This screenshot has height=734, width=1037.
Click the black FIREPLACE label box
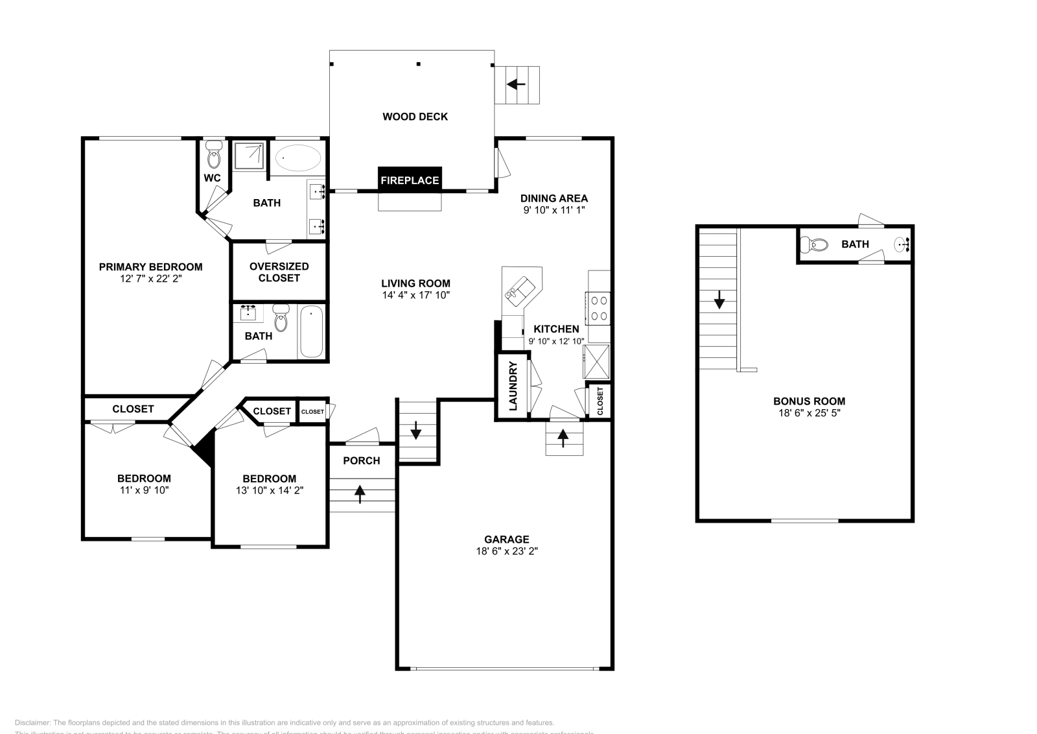pos(410,180)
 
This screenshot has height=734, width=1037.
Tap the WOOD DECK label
pos(415,117)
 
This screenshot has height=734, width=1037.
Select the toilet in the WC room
pos(213,156)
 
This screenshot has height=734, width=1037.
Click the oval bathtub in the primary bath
pos(298,158)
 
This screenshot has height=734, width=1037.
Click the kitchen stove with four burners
pos(599,308)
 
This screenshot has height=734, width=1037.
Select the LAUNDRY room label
pos(513,386)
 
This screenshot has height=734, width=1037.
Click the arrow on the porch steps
pos(360,494)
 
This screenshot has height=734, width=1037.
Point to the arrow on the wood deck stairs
pos(517,84)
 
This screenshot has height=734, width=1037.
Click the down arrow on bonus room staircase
pos(719,300)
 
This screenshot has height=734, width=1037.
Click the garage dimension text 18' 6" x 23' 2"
pos(506,551)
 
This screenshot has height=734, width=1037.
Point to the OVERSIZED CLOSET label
pos(279,272)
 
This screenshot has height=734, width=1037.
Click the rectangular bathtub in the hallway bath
pos(311,332)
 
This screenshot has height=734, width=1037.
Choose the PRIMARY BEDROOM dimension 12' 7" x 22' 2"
pos(150,279)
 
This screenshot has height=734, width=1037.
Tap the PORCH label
pos(361,460)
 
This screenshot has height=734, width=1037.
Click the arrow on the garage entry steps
pos(563,438)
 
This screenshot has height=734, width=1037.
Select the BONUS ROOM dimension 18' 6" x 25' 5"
pos(809,413)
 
